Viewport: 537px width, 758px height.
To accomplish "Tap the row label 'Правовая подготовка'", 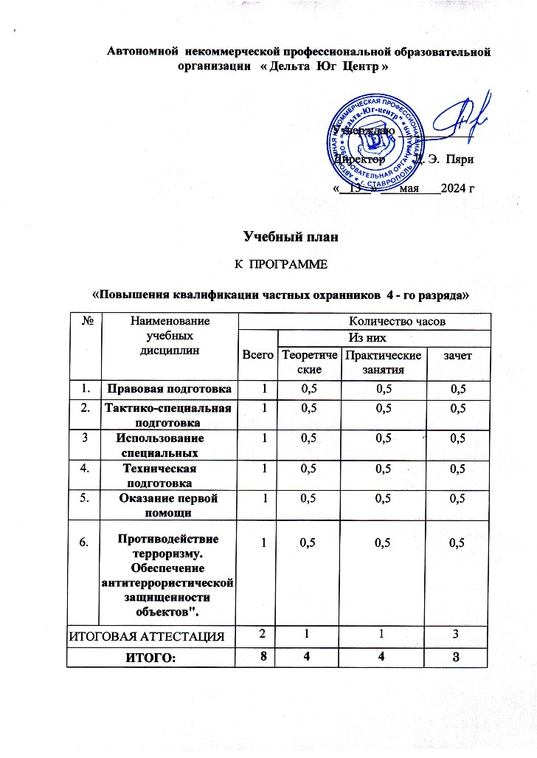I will pyautogui.click(x=170, y=388).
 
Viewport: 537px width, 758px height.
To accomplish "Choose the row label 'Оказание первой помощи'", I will pyautogui.click(x=170, y=505).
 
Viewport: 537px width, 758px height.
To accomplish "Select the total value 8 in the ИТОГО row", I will pyautogui.click(x=260, y=657).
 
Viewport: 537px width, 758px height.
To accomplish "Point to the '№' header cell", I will pyautogui.click(x=86, y=321).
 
